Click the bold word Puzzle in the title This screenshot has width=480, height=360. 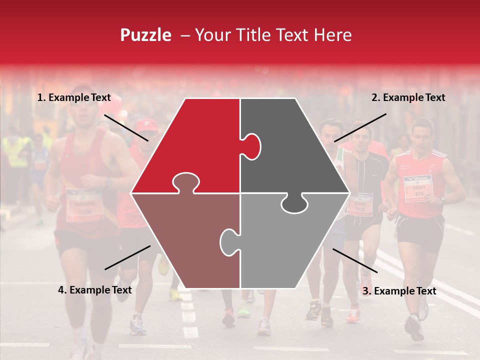pyautogui.click(x=145, y=35)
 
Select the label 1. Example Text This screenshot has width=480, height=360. pyautogui.click(x=73, y=98)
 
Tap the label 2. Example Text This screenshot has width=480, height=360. pyautogui.click(x=408, y=98)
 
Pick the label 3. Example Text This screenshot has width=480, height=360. pyautogui.click(x=399, y=291)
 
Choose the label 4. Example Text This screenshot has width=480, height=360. pyautogui.click(x=94, y=290)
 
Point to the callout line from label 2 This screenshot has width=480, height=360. pyautogui.click(x=360, y=127)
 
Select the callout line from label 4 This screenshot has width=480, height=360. pyautogui.click(x=127, y=257)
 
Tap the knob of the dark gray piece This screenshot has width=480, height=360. pyautogui.click(x=252, y=145)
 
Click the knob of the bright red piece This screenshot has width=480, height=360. pyautogui.click(x=186, y=182)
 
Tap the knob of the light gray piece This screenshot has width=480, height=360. pyautogui.click(x=228, y=240)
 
